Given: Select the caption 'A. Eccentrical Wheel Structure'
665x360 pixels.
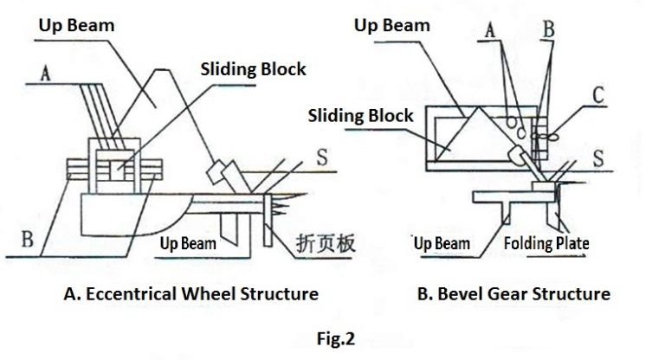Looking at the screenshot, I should pos(190,294).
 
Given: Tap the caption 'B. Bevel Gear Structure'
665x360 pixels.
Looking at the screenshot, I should pos(513,294).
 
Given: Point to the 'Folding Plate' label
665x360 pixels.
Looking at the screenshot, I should pos(546,243).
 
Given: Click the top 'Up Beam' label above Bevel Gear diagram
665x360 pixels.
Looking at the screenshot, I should pos(392,24).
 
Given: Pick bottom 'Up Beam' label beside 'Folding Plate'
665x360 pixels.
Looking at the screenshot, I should pos(442,243).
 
